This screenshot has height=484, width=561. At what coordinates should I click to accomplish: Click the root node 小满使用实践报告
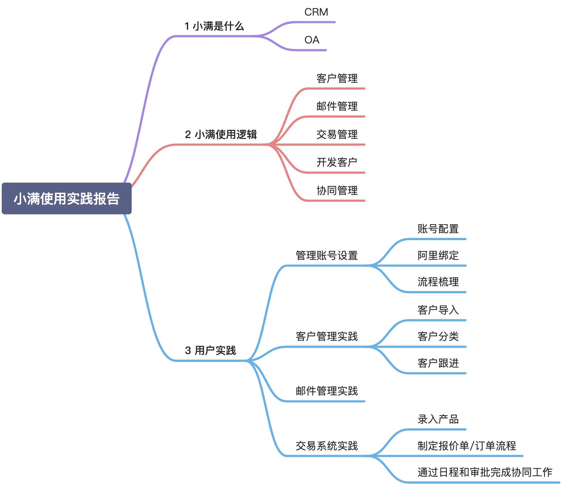(x=67, y=199)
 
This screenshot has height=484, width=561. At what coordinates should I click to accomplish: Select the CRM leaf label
(x=316, y=12)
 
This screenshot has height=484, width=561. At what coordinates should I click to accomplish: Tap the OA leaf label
(x=312, y=40)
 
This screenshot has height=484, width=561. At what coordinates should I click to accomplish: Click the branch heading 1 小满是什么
(x=214, y=26)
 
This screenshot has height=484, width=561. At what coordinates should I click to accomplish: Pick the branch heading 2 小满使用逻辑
(x=221, y=134)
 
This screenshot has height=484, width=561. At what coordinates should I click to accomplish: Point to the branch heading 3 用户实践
(x=210, y=350)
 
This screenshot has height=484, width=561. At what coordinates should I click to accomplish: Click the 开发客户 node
(x=337, y=162)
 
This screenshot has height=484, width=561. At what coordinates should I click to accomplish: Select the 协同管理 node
(x=337, y=190)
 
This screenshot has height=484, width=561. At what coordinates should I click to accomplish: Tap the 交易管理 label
(x=337, y=134)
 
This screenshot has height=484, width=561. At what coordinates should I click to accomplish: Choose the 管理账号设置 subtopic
(x=327, y=255)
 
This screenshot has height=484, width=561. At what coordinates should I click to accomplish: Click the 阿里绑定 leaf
(x=438, y=255)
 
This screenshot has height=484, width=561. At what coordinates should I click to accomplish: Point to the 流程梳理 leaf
(x=438, y=282)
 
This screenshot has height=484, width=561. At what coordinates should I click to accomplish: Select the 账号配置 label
(x=438, y=229)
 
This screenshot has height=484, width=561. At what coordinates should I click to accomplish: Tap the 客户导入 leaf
(x=438, y=310)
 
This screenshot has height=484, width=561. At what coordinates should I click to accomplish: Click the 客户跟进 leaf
(x=438, y=363)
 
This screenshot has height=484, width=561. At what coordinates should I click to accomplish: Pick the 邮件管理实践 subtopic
(x=327, y=391)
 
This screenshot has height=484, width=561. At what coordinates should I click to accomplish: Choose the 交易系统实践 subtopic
(x=327, y=446)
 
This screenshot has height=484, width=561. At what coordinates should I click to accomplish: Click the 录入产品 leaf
(x=438, y=419)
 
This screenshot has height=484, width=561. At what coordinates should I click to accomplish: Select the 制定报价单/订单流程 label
(x=467, y=446)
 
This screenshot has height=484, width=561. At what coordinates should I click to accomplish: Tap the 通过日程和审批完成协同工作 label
(x=485, y=472)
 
